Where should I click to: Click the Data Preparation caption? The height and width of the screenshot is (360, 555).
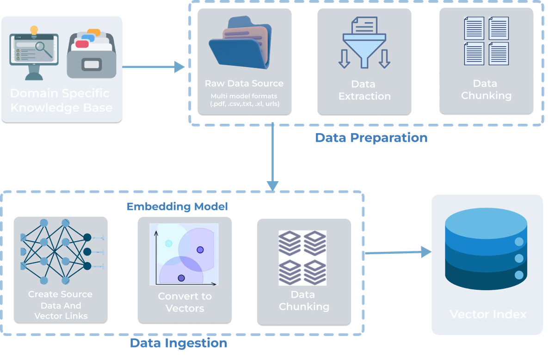pyautogui.click(x=371, y=138)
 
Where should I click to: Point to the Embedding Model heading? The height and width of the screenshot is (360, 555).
pyautogui.click(x=178, y=206)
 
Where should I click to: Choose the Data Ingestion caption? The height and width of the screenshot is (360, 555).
pyautogui.click(x=178, y=343)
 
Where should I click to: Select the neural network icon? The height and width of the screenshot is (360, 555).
pyautogui.click(x=60, y=252)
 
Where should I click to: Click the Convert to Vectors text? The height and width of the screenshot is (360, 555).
pyautogui.click(x=185, y=302)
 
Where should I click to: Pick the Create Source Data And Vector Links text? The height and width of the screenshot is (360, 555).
pyautogui.click(x=60, y=305)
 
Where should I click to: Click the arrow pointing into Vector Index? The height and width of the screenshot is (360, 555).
pyautogui.click(x=398, y=252)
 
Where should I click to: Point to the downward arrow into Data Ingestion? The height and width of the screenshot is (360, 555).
pyautogui.click(x=273, y=157)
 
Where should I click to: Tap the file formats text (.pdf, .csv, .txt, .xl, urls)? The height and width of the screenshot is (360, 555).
pyautogui.click(x=244, y=100)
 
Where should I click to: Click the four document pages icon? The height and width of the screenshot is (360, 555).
pyautogui.click(x=486, y=41)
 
